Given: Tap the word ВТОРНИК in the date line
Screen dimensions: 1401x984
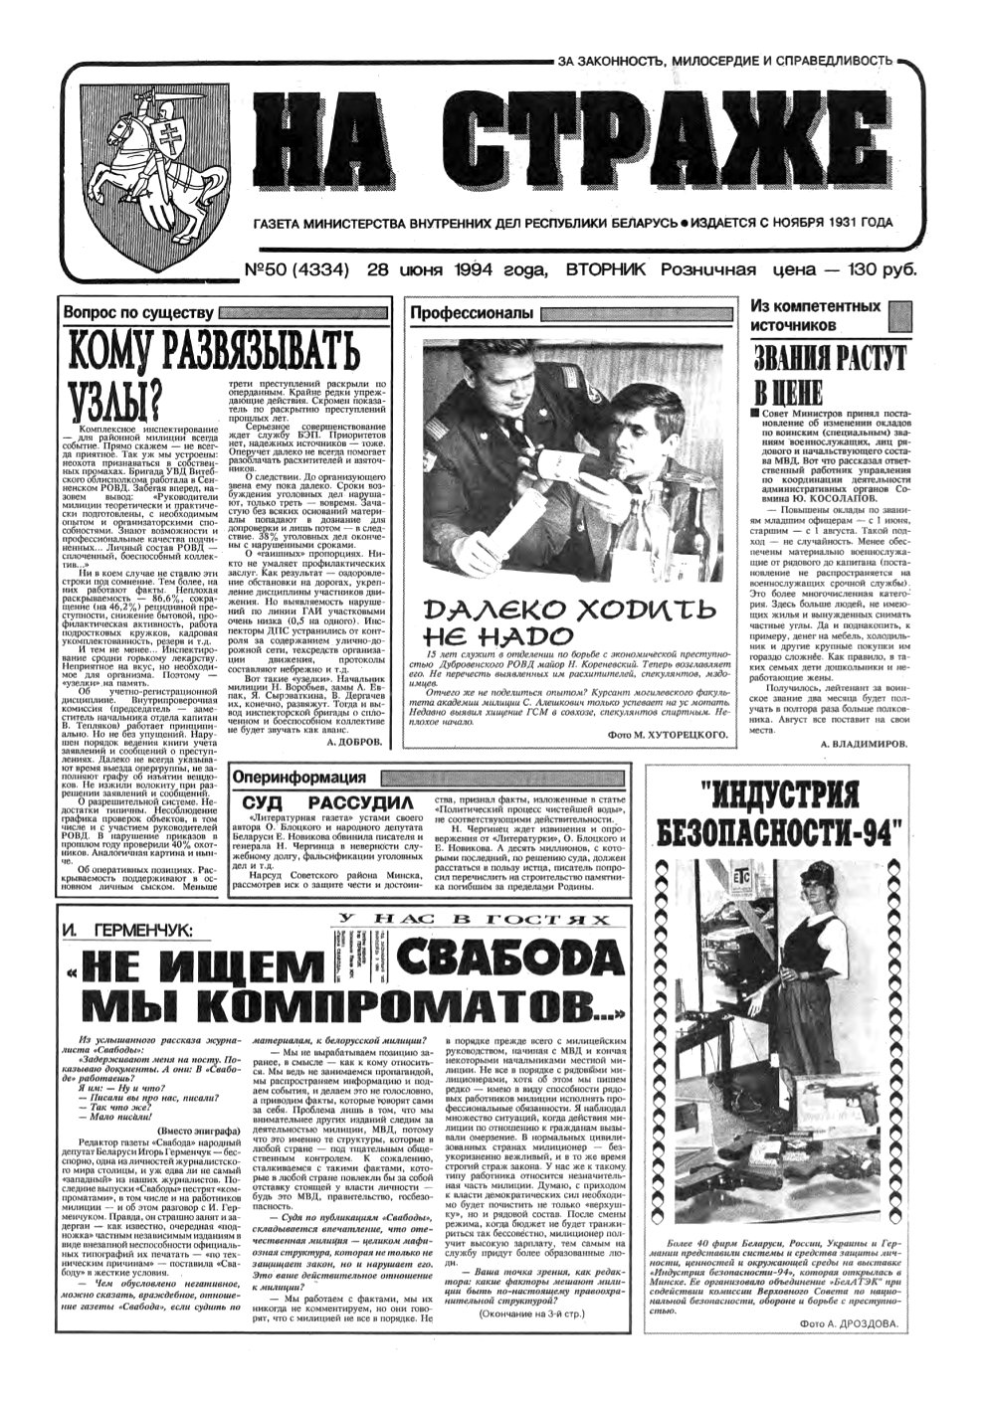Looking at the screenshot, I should click(x=606, y=270).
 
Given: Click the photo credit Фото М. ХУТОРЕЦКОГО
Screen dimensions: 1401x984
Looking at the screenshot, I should click(x=666, y=734).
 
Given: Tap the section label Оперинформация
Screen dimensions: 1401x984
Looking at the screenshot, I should click(x=297, y=777).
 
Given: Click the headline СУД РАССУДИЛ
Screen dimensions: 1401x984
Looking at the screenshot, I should click(x=323, y=801).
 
